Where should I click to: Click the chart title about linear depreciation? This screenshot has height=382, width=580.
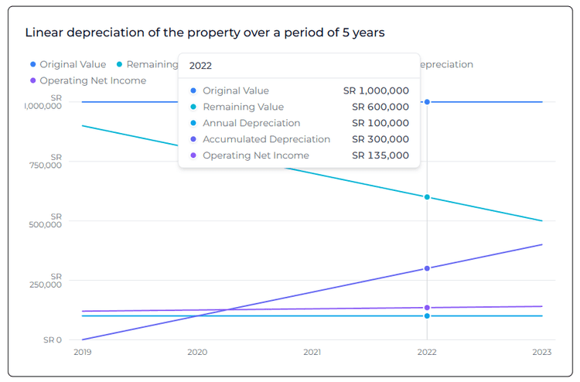pos(205,32)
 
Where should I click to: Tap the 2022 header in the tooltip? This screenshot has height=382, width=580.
pos(200,66)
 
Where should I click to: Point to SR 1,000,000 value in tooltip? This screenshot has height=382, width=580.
pos(376,90)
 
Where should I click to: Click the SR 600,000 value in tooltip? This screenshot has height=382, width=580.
pos(380,107)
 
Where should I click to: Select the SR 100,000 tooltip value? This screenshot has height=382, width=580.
pos(380,123)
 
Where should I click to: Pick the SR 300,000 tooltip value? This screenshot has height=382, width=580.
pos(380,139)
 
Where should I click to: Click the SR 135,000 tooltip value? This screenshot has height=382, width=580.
pos(380,155)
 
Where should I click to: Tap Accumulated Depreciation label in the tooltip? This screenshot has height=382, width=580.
pos(266,139)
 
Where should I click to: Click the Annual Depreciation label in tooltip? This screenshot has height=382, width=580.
pos(251,123)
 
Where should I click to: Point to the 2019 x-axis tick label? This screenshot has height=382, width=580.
pos(81,352)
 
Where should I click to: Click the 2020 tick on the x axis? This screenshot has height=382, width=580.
pos(196,352)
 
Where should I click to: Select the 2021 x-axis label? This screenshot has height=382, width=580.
pos(312,352)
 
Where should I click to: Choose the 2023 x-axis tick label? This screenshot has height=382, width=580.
pos(542,352)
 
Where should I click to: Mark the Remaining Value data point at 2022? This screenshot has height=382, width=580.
pos(427,197)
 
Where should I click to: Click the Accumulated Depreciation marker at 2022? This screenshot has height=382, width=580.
pos(427,268)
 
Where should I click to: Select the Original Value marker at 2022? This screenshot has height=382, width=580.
pos(427,102)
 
